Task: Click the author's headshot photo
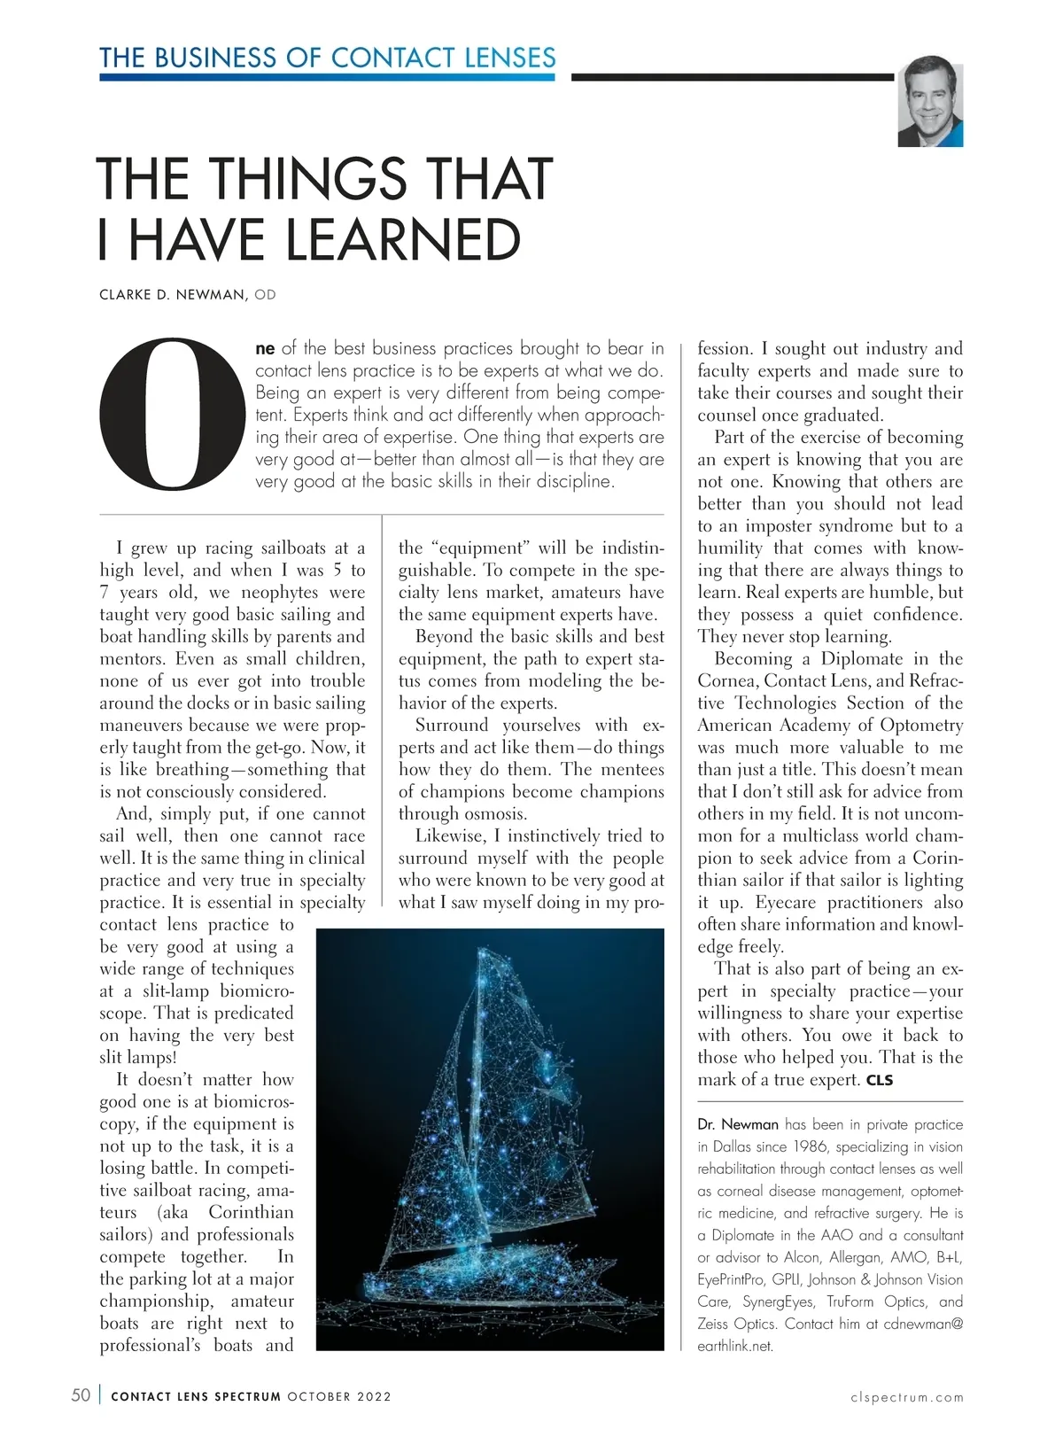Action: tap(929, 102)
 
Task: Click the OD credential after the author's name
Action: tap(265, 294)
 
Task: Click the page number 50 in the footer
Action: tap(81, 1395)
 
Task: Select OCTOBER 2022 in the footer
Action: tap(339, 1397)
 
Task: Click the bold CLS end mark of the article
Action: tap(880, 1080)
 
